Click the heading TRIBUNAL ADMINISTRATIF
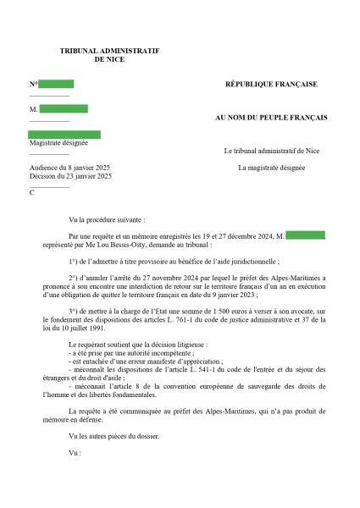tap(110, 52)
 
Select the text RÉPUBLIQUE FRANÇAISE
tap(271, 85)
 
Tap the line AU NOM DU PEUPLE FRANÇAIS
tap(272, 118)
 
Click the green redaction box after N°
tap(56, 84)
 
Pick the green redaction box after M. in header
tap(64, 109)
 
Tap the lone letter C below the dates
tap(32, 193)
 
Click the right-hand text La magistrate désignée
tap(271, 168)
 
